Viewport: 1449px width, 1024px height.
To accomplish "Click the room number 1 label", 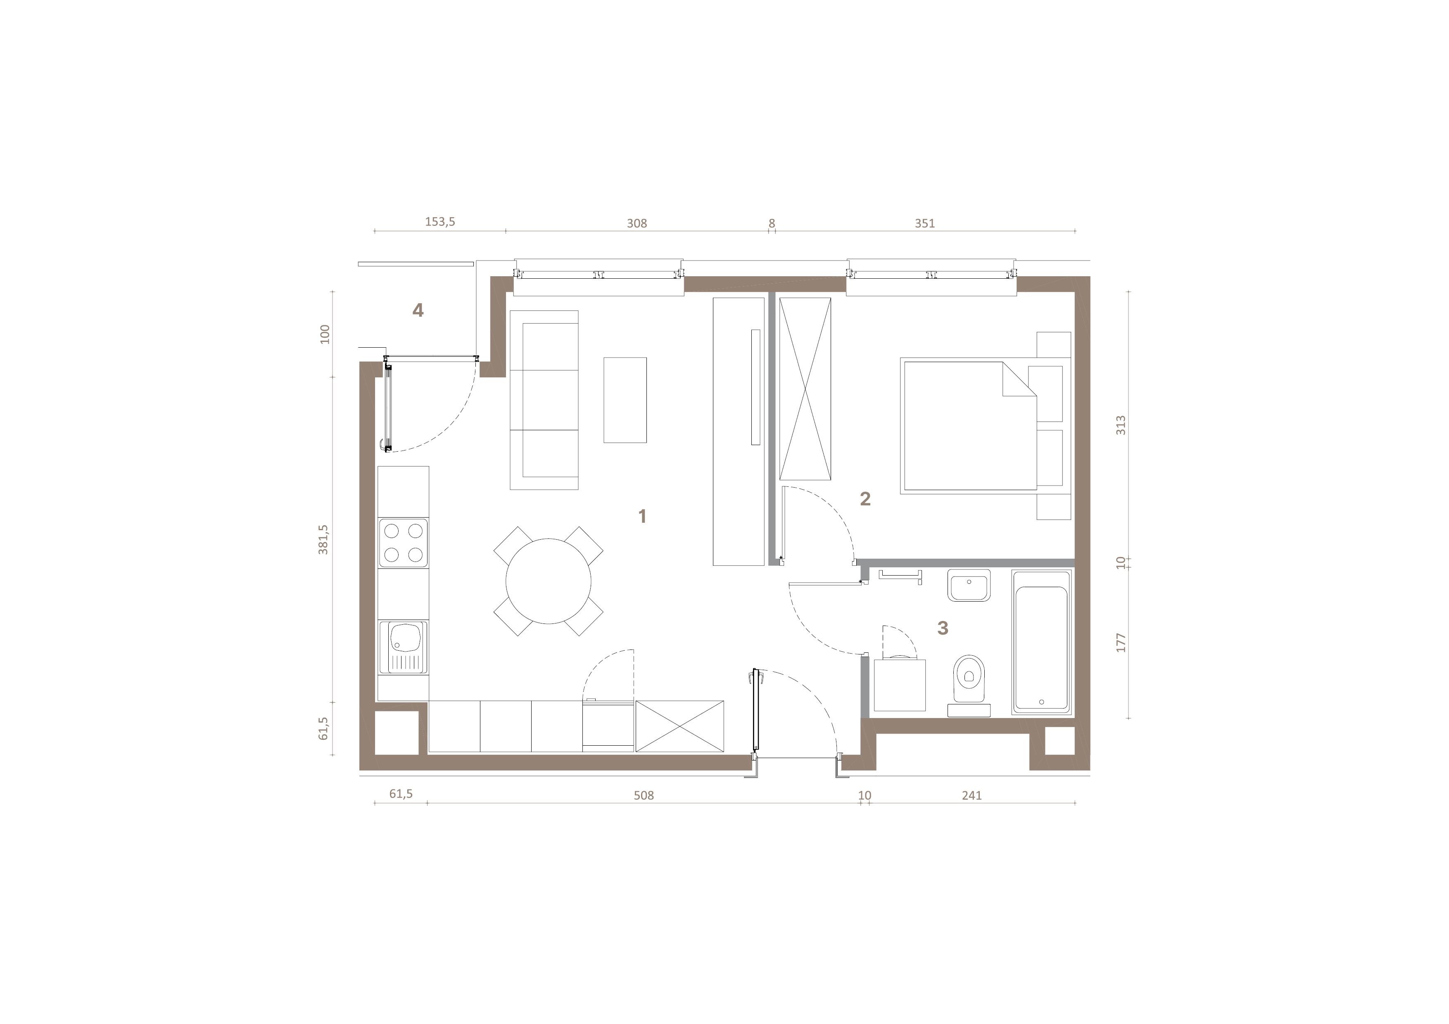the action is coord(642,517).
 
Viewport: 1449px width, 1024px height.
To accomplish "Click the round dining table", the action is coord(549,581).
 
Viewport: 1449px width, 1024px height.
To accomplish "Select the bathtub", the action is coord(1041,642).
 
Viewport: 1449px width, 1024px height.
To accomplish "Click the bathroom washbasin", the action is coord(969,585).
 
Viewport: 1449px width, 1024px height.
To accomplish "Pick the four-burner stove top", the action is coord(403,543).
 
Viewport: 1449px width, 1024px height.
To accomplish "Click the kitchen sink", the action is coord(403,647).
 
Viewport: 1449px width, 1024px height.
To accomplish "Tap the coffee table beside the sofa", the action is coord(625,400).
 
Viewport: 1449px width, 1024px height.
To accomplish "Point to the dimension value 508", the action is coord(644,796).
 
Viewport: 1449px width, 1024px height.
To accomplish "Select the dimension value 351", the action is coord(924,223).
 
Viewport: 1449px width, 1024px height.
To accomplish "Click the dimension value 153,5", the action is coord(440,222).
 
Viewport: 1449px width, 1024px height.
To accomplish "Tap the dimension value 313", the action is coord(1121,425).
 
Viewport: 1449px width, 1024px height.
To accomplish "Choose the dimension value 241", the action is coord(972,796).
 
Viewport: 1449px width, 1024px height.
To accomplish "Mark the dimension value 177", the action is coord(1121,642).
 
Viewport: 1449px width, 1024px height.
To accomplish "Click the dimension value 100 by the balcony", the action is coord(325,334).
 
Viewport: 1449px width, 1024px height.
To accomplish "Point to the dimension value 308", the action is coord(637,223).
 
